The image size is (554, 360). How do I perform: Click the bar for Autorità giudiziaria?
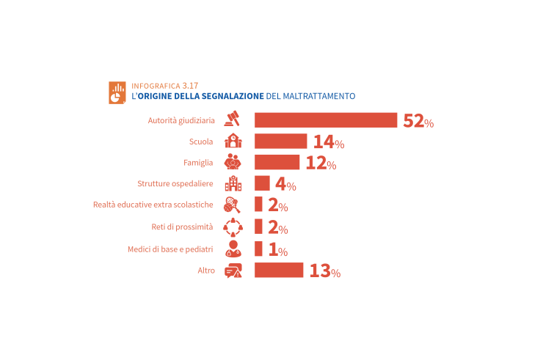click(x=325, y=120)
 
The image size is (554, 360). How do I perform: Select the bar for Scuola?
click(x=280, y=142)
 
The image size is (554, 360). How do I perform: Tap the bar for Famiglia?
click(x=277, y=162)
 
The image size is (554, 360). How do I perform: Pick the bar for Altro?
click(x=279, y=270)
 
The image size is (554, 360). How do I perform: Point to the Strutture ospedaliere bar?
click(x=262, y=183)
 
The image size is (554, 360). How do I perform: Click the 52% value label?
click(x=418, y=121)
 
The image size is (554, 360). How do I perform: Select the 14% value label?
click(x=328, y=142)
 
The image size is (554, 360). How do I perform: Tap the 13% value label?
click(x=324, y=271)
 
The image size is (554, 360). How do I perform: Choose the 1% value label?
click(x=277, y=249)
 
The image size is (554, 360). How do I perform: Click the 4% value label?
click(x=285, y=185)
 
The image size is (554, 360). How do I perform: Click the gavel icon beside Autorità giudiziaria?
click(x=233, y=119)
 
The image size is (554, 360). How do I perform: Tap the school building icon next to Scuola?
click(x=233, y=141)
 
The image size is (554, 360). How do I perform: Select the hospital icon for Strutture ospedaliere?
click(x=233, y=183)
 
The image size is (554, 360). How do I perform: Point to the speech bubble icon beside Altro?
click(x=233, y=270)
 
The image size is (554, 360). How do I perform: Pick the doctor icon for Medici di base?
click(x=233, y=249)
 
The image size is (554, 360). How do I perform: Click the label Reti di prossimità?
click(x=187, y=227)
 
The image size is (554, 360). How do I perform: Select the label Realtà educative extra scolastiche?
click(x=153, y=205)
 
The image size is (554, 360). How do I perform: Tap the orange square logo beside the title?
click(x=117, y=92)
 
